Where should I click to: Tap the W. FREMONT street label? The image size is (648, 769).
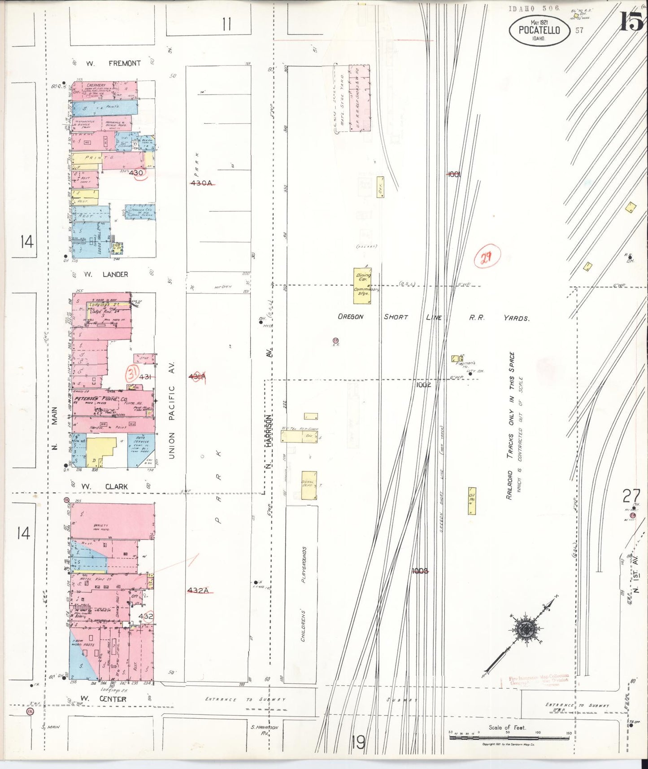coord(113,64)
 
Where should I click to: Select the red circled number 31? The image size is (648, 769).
coord(132,373)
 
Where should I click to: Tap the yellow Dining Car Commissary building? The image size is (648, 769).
coord(362,285)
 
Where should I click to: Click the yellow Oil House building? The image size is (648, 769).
coord(472,501)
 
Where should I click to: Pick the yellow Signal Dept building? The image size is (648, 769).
coord(309,485)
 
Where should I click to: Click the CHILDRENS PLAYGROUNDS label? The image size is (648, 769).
coord(303,593)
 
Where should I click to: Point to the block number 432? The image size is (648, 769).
coord(146,616)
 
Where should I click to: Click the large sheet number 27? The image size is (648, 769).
coord(631,496)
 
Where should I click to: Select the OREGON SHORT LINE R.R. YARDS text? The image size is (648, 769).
coord(433,317)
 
